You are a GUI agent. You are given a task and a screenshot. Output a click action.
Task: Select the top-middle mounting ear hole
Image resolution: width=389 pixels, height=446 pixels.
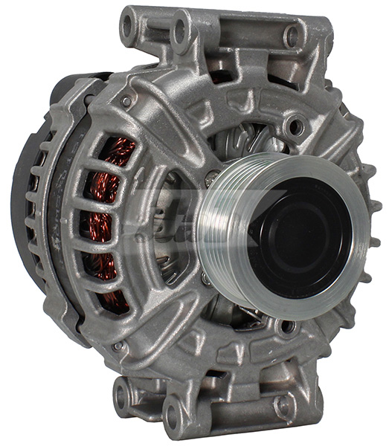point(179,30)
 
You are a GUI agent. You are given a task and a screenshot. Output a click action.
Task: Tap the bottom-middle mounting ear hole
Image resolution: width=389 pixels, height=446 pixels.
point(172,408)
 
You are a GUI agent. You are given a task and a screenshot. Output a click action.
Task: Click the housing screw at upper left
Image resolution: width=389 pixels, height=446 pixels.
point(126,101)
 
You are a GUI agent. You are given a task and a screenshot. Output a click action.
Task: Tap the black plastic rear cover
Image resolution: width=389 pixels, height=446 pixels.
point(30,186)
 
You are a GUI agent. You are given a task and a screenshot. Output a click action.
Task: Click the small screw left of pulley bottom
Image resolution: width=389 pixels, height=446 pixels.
point(205,279)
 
